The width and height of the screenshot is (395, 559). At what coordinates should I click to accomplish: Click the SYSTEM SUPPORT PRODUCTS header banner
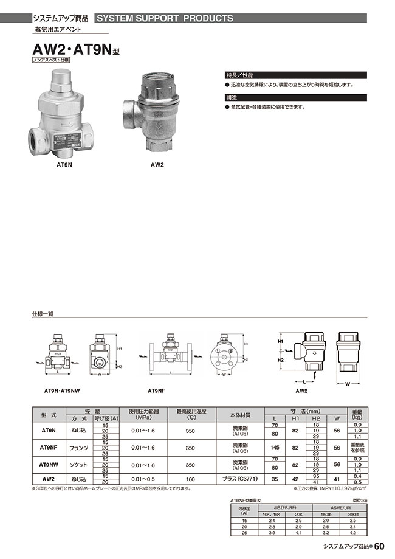[x=164, y=18]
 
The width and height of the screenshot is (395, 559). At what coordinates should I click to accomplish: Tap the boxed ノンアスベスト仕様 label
[x=51, y=61]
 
